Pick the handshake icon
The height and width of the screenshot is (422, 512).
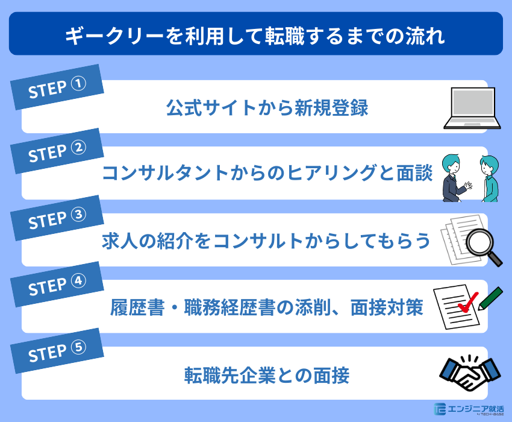470,374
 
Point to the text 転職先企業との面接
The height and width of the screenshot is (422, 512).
267,376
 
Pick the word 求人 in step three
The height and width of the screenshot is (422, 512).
114,241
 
